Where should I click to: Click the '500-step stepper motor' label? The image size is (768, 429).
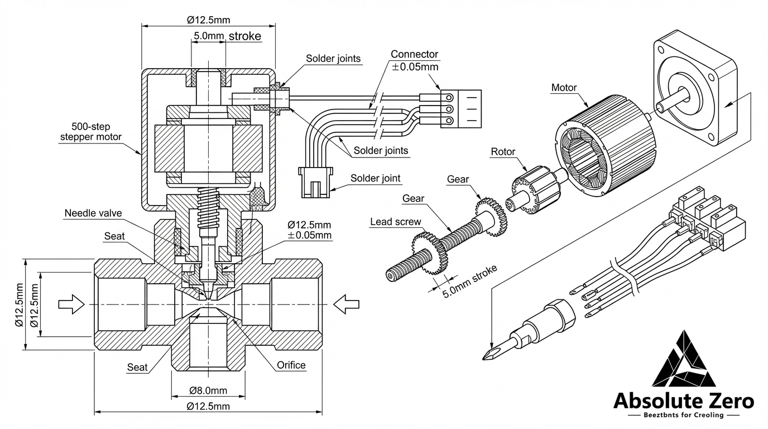(90, 132)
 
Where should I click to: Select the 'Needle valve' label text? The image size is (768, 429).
(93, 213)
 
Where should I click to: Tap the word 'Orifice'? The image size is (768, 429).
(291, 365)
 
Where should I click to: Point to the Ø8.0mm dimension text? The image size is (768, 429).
(208, 390)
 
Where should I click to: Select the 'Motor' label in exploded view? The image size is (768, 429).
(564, 87)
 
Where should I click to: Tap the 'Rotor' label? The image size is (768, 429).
(503, 151)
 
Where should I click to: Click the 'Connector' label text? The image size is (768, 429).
(414, 54)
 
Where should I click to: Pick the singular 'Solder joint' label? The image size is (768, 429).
(375, 179)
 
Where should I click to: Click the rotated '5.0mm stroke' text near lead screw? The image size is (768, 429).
(469, 280)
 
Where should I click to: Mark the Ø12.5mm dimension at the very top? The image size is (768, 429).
(208, 20)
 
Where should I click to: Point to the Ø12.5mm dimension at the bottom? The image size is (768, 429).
(208, 406)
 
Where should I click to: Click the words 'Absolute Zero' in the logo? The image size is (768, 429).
(683, 401)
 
